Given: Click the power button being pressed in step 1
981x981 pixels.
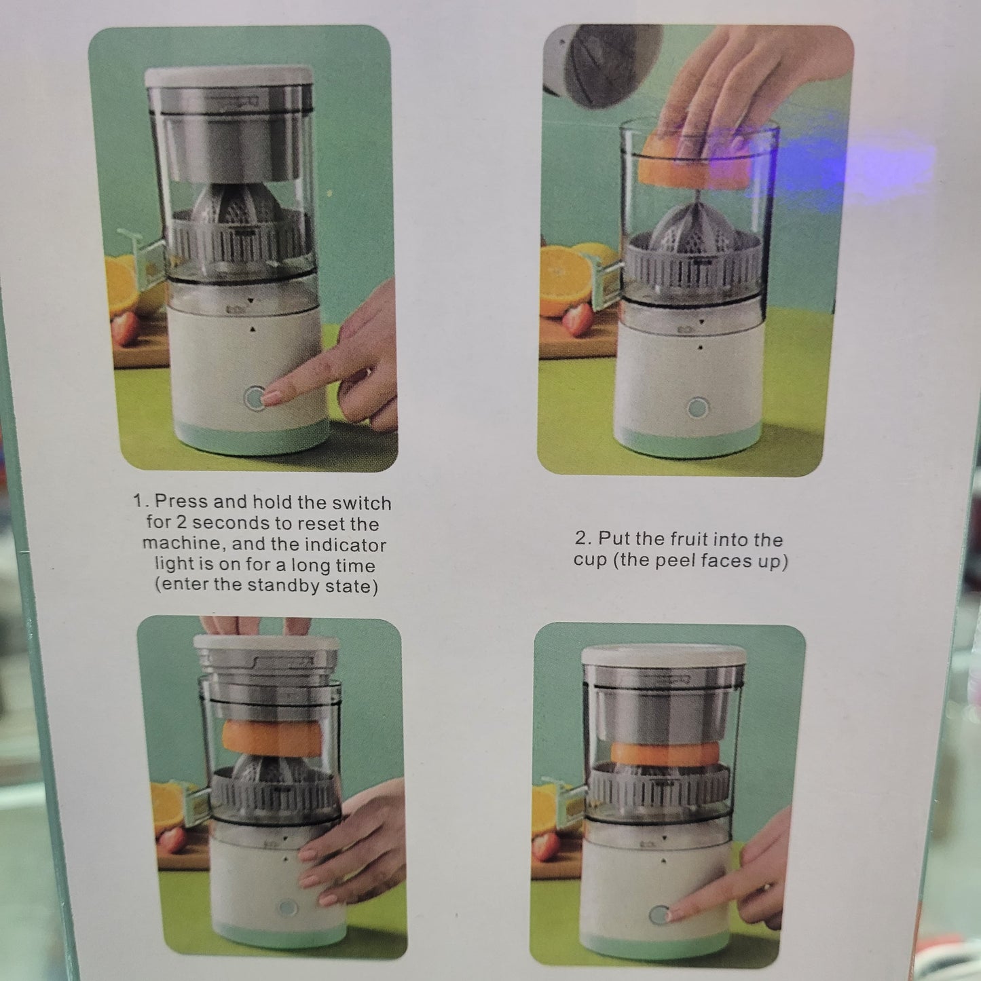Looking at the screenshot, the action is (x=254, y=398).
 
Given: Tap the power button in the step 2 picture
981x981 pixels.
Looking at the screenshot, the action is (x=698, y=408).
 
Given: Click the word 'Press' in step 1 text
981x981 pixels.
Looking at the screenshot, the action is (x=181, y=501).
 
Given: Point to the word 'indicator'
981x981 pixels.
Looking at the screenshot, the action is (x=346, y=544).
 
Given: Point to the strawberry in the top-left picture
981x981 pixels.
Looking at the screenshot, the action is (x=125, y=329).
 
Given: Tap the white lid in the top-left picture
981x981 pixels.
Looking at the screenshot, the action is (x=229, y=76).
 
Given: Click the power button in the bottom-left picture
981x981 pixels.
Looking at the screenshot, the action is (x=287, y=908).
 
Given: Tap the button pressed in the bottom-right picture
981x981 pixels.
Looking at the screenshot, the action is (x=659, y=916).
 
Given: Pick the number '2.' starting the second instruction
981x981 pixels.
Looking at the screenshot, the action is (x=583, y=538).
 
